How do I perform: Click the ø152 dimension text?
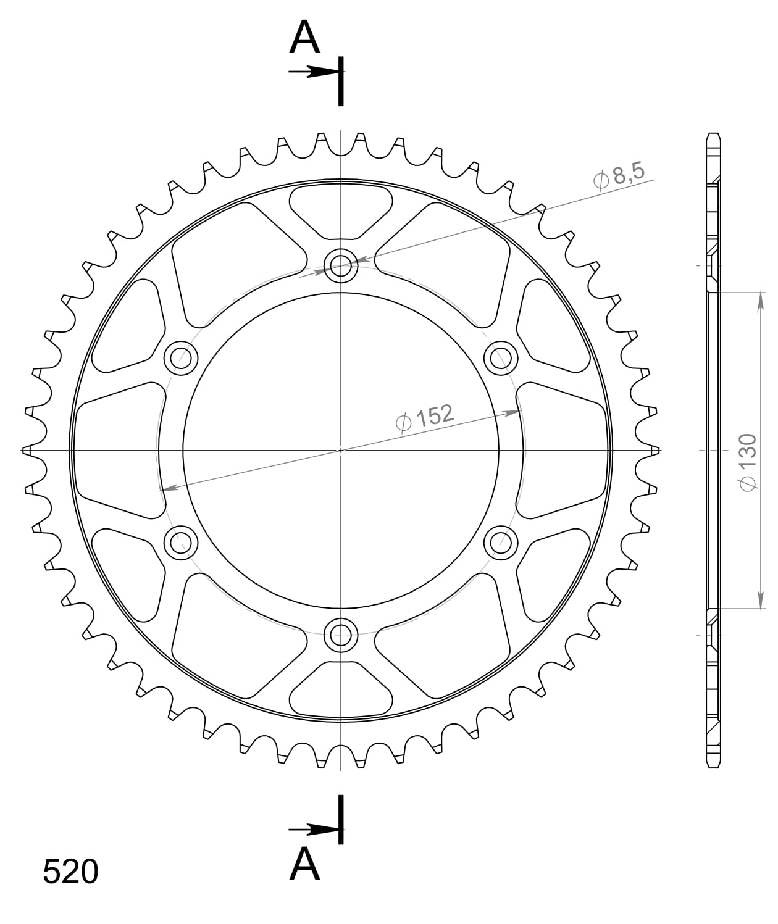tap(424, 418)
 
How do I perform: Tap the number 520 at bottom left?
tap(70, 872)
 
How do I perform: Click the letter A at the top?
tap(305, 38)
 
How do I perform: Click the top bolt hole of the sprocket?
tap(341, 267)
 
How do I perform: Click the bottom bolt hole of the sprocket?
tap(341, 634)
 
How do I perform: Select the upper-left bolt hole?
tap(181, 357)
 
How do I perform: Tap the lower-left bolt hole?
tap(181, 543)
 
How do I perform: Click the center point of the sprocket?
tap(341, 450)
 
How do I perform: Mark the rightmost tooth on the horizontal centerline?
tap(655, 450)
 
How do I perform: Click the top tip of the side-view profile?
tap(713, 135)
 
